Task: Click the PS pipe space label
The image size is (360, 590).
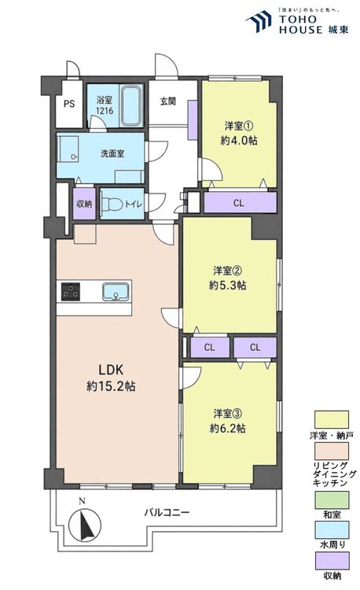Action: click(69, 104)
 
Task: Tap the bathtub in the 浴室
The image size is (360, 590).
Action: click(130, 105)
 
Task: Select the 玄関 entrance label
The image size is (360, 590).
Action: click(168, 101)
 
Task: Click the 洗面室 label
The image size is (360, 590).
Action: click(112, 153)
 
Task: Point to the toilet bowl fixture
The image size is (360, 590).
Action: click(112, 205)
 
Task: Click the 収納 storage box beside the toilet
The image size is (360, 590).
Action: click(84, 204)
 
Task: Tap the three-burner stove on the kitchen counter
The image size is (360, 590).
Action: click(71, 291)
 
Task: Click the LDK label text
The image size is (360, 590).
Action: click(111, 370)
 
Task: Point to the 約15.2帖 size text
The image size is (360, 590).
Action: click(112, 386)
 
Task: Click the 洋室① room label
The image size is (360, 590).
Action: click(239, 125)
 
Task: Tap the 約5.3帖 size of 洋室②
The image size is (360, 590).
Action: click(228, 286)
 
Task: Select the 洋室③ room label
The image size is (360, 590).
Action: click(228, 414)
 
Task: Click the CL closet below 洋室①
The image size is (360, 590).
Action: click(240, 203)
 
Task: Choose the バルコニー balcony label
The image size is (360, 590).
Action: click(167, 512)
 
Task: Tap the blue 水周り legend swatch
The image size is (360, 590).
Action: click(332, 530)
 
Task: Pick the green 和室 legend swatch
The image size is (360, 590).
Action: click(332, 500)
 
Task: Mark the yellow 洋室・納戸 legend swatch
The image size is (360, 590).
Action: click(332, 419)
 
